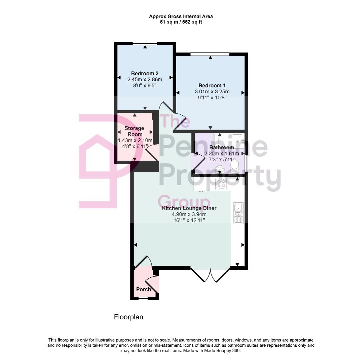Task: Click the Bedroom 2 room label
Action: (x=145, y=74)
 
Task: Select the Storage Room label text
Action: (x=134, y=131)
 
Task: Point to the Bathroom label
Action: (x=221, y=147)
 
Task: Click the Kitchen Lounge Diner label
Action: (x=189, y=208)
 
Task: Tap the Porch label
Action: (x=144, y=289)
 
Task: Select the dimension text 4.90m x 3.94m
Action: (x=189, y=214)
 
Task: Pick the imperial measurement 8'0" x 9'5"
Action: (x=145, y=86)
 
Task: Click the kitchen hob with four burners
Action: (x=221, y=184)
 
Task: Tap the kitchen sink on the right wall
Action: (x=238, y=213)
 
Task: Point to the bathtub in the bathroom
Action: (x=229, y=140)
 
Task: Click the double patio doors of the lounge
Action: (x=210, y=275)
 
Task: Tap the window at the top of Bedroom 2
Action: (x=145, y=43)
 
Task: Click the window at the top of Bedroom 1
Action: (x=210, y=54)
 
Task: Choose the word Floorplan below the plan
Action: (x=129, y=317)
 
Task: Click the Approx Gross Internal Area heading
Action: (x=181, y=16)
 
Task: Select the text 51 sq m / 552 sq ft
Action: (x=181, y=22)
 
